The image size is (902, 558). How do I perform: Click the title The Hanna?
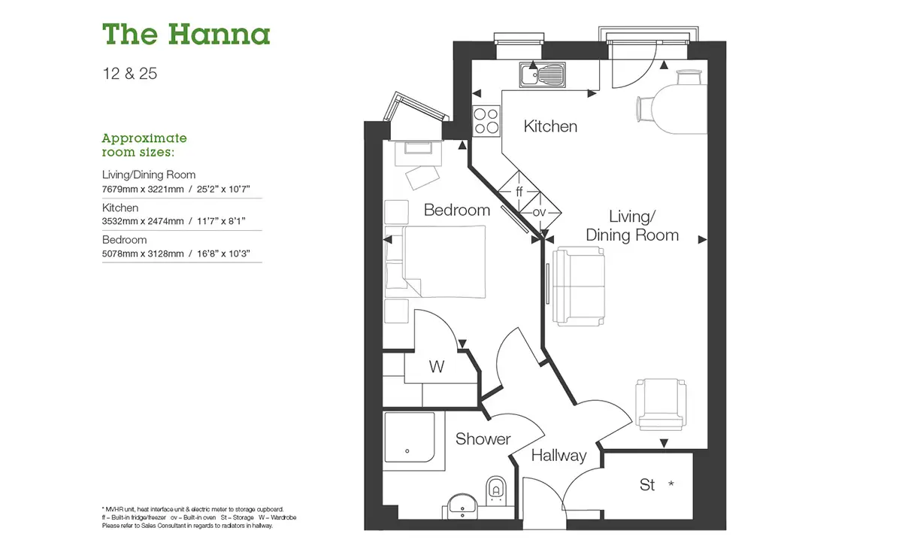186,35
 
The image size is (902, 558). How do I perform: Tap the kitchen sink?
543,75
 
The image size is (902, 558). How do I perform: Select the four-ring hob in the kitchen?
486,121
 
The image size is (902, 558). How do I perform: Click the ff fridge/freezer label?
519,191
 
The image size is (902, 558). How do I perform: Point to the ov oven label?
539,212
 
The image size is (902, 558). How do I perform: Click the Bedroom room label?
457,210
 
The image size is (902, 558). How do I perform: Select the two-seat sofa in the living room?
579,287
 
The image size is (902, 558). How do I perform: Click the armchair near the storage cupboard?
661,404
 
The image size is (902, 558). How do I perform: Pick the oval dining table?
680,108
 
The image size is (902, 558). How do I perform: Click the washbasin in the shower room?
462,506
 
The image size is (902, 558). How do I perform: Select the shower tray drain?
407,451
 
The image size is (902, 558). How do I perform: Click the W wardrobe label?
437,367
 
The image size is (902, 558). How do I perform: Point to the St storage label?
647,484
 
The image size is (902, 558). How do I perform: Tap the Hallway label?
559,456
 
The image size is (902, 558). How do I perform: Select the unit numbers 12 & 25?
129,74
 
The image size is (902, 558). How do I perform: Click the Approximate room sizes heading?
144,145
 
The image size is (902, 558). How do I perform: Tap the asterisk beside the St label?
670,483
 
